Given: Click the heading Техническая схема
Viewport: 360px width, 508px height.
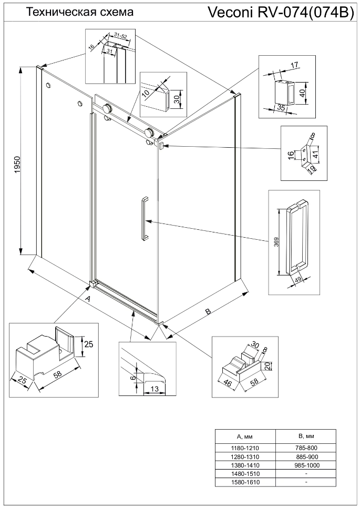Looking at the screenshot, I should [x=80, y=11].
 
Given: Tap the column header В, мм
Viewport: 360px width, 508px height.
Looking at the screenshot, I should [x=306, y=436].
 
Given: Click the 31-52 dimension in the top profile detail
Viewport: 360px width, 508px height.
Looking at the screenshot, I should [x=121, y=37].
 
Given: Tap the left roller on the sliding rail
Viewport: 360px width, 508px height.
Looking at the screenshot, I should [x=107, y=109].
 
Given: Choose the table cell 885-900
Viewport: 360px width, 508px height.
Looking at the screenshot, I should [x=306, y=456].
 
